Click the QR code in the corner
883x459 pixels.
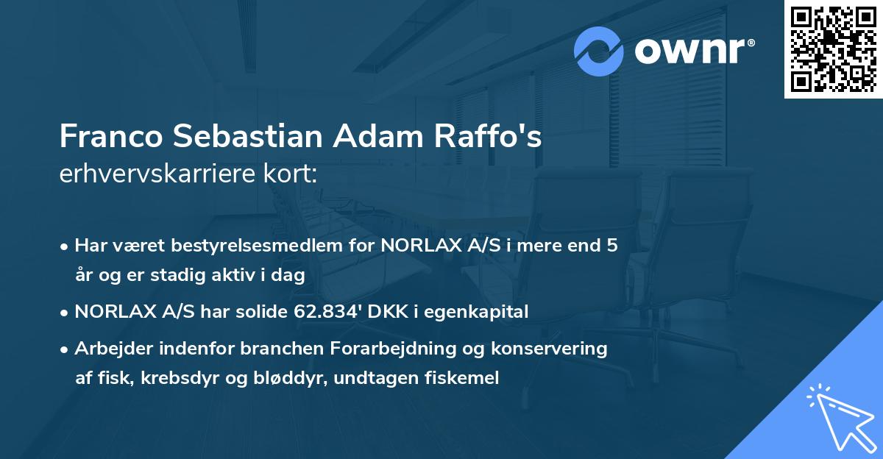tap(832, 49)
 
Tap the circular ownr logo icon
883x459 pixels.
tap(599, 51)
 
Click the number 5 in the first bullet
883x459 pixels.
tap(611, 246)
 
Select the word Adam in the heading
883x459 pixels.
tap(375, 138)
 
